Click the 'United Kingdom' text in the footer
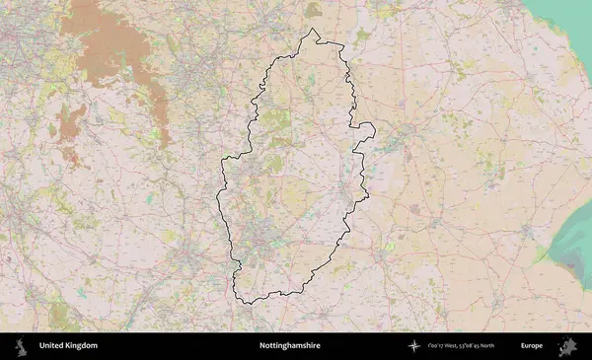[x=68, y=346]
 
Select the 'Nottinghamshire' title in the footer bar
[x=289, y=346]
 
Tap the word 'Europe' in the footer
[x=532, y=346]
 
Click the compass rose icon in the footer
[x=414, y=346]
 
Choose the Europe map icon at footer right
[x=568, y=346]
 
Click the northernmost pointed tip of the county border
[x=315, y=31]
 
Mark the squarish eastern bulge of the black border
[x=365, y=134]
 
